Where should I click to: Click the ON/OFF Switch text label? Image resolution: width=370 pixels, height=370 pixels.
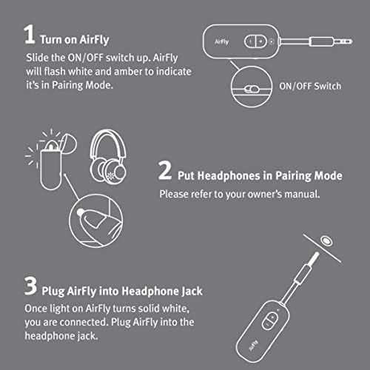(310, 87)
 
